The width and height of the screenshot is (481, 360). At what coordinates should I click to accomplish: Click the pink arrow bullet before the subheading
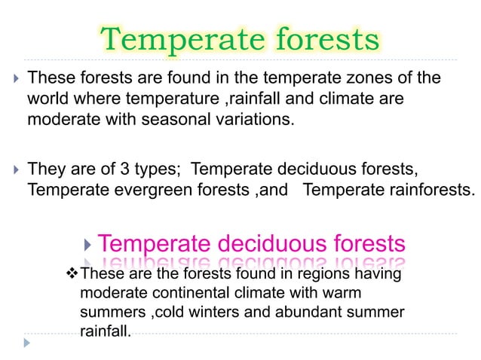pyautogui.click(x=89, y=244)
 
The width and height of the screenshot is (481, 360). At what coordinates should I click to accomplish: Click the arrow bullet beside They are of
pyautogui.click(x=14, y=168)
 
